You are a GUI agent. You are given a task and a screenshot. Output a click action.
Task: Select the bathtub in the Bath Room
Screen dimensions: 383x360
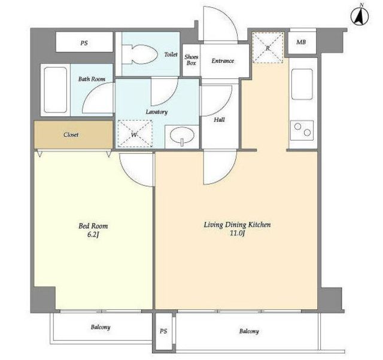pyautogui.click(x=56, y=90)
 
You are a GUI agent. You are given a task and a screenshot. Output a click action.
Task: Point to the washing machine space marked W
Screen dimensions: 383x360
pyautogui.click(x=135, y=134)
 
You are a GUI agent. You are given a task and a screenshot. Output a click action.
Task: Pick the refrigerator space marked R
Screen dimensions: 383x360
pyautogui.click(x=268, y=48)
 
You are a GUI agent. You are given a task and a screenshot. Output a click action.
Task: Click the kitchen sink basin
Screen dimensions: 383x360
pyautogui.click(x=302, y=84)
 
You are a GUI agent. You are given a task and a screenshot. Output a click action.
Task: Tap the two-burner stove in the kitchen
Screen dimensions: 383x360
pyautogui.click(x=302, y=130)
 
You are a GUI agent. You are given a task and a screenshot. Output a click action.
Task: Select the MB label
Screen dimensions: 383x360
pyautogui.click(x=301, y=42)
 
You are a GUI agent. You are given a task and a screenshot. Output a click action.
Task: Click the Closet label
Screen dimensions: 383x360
pyautogui.click(x=71, y=135)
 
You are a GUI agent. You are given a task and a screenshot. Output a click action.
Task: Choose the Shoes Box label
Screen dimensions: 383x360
pyautogui.click(x=191, y=60)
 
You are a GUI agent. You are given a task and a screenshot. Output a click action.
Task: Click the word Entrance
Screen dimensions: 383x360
pyautogui.click(x=223, y=61)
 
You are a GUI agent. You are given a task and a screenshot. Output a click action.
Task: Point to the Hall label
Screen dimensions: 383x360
pyautogui.click(x=219, y=120)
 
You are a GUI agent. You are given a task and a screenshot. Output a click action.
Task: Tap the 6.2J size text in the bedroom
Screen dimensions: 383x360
pyautogui.click(x=93, y=234)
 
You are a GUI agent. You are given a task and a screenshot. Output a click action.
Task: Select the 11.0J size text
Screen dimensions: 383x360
pyautogui.click(x=237, y=233)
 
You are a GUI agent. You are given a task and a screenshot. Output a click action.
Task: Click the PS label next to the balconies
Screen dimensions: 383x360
pyautogui.click(x=163, y=331)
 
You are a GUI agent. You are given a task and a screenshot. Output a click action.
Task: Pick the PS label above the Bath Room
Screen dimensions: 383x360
pyautogui.click(x=84, y=43)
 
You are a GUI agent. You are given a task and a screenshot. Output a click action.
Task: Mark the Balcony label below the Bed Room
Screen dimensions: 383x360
pyautogui.click(x=101, y=327)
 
